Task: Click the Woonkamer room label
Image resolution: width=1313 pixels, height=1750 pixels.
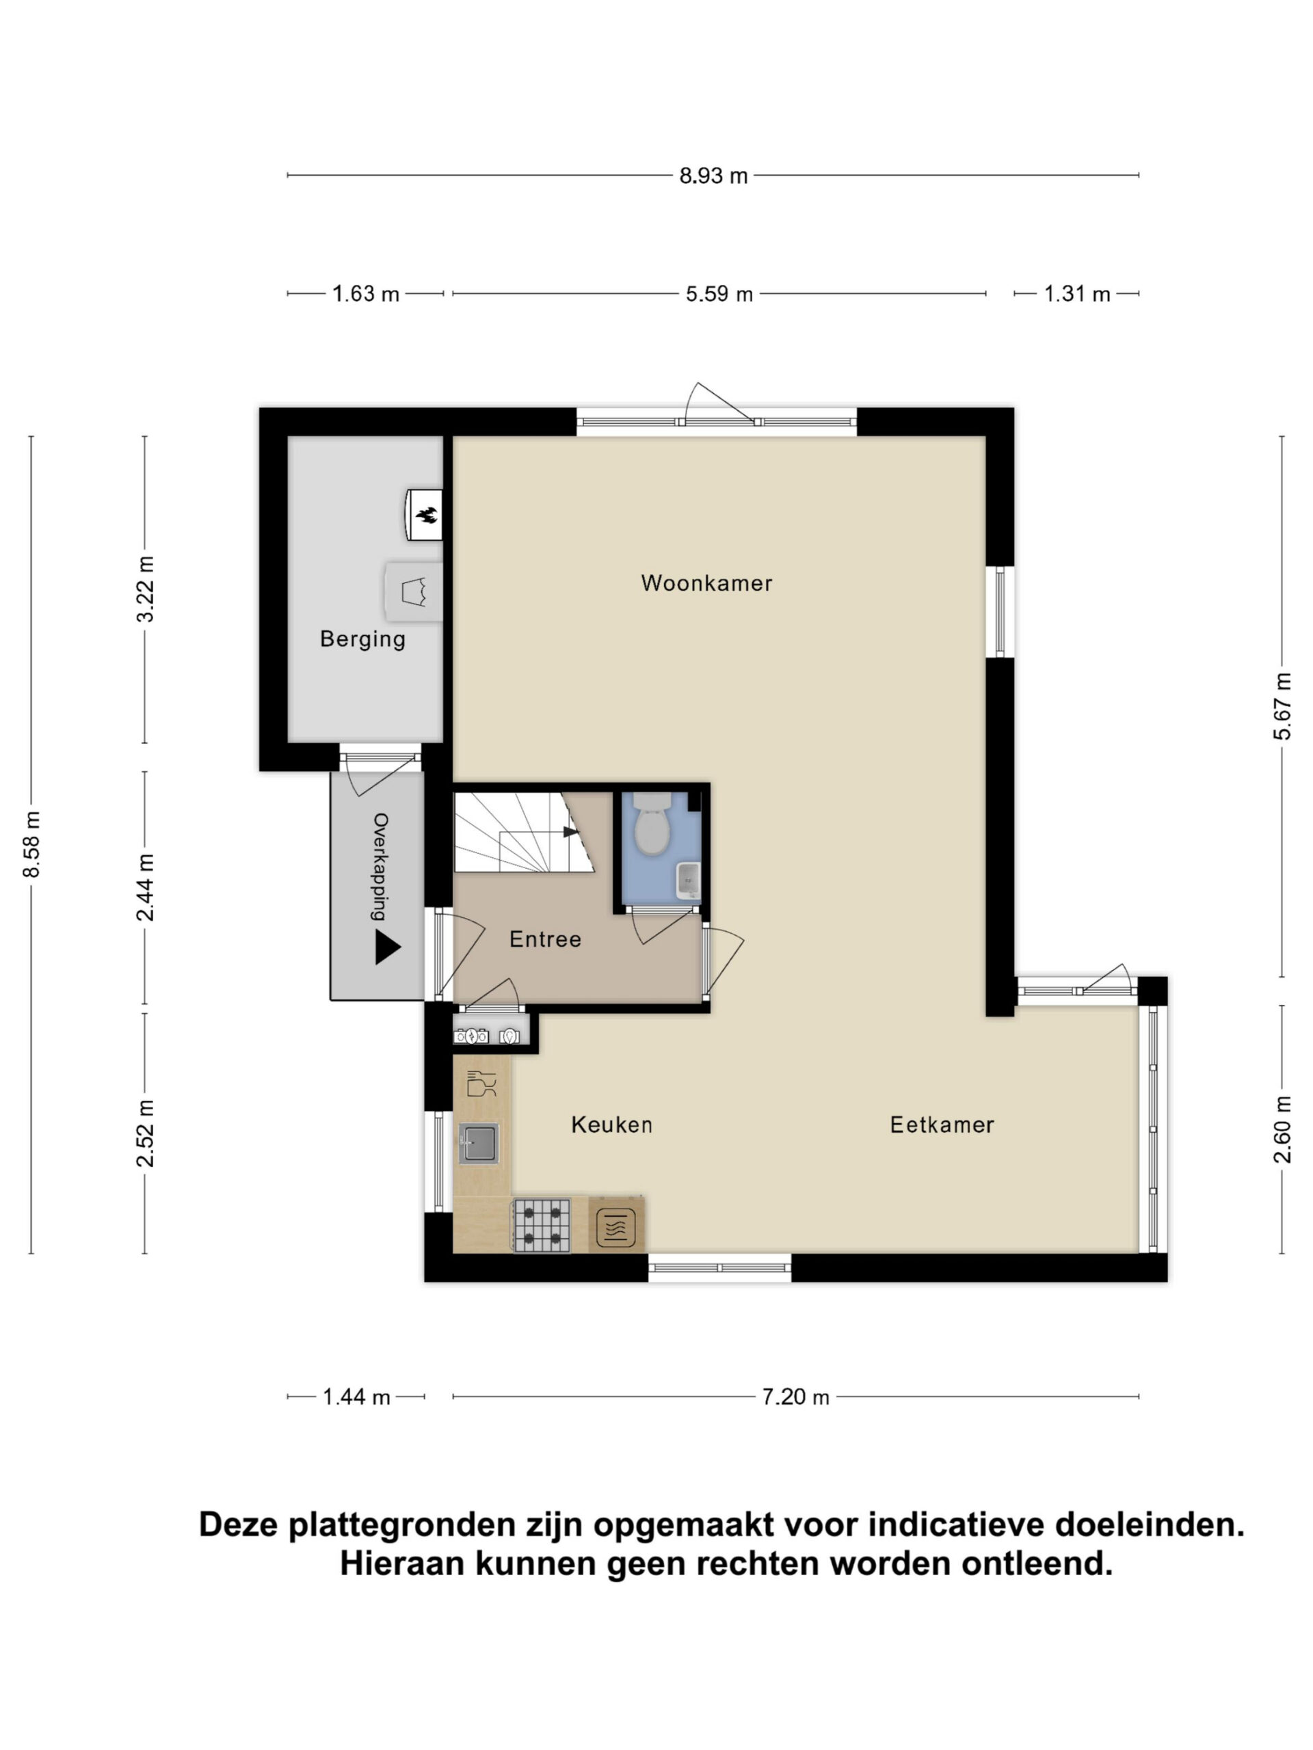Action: [706, 583]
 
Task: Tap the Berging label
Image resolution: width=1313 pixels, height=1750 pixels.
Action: [362, 639]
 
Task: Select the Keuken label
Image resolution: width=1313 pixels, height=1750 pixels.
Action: [612, 1125]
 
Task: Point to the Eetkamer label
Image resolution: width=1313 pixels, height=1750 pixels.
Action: [942, 1125]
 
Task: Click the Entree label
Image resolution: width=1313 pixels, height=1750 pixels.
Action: [545, 939]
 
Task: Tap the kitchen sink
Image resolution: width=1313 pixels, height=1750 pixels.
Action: [479, 1143]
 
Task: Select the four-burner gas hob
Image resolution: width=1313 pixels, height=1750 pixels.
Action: [542, 1226]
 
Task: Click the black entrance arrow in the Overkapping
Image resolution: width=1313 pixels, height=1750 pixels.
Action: [387, 947]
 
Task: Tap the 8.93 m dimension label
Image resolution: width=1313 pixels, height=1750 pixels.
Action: [713, 176]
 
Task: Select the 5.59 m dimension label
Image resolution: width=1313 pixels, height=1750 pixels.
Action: [719, 295]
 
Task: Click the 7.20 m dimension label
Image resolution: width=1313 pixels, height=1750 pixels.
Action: [795, 1397]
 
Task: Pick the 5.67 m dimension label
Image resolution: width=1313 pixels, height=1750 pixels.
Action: [1282, 706]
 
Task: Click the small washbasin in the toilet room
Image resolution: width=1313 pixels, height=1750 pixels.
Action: [688, 881]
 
